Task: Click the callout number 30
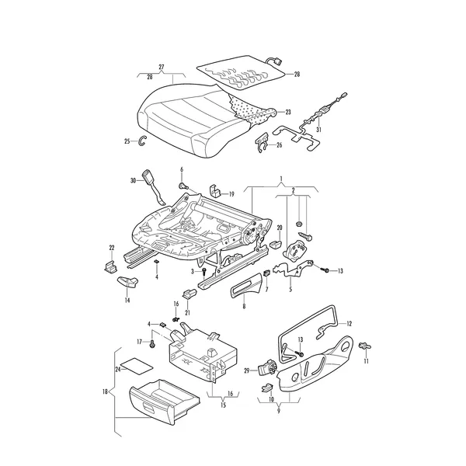pos(133,180)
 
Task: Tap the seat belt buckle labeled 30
pos(153,186)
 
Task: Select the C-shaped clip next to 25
pos(142,141)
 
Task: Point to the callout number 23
pos(288,112)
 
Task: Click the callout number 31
pos(318,130)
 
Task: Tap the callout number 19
pos(231,194)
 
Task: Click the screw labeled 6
pos(183,186)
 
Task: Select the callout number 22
pos(112,248)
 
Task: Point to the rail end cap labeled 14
pos(128,282)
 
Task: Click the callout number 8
pos(245,306)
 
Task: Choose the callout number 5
pos(290,289)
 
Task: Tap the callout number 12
pos(349,324)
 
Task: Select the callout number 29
pos(247,370)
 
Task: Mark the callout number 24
pos(118,369)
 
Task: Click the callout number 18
pos(105,391)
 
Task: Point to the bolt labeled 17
pos(153,345)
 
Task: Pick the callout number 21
pos(187,313)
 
